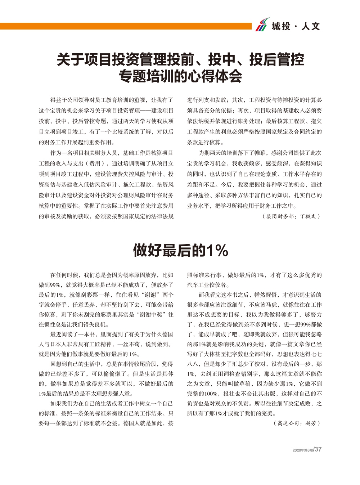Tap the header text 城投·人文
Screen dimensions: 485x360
click(296, 26)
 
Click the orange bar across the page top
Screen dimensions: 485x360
click(126, 26)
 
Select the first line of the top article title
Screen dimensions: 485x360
click(180, 59)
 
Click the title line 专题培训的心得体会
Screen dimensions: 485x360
click(180, 76)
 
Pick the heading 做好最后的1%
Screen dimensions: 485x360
click(180, 250)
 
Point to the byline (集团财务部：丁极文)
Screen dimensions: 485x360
click(291, 216)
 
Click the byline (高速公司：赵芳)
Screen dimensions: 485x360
click(297, 423)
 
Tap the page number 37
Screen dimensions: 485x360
click(318, 449)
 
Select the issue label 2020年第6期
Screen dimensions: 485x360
click(302, 450)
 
